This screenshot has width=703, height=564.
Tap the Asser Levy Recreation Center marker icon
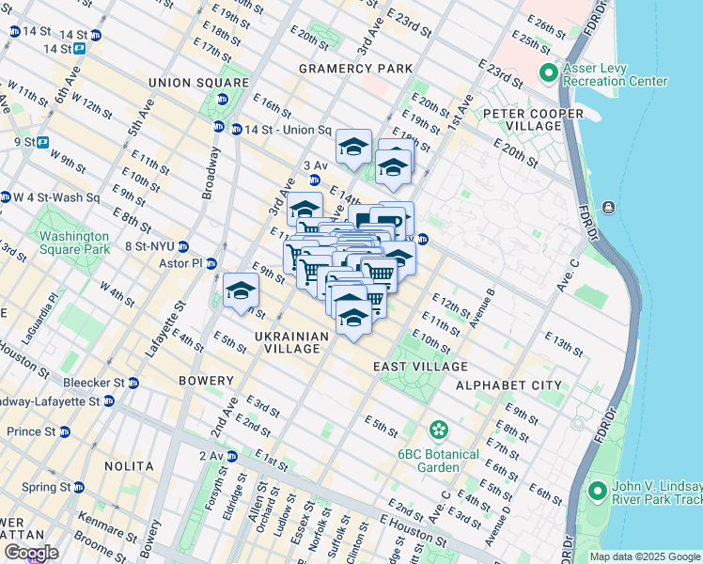coord(548,73)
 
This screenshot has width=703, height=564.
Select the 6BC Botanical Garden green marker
coord(438,431)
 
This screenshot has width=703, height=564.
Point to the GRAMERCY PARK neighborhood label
coord(355,69)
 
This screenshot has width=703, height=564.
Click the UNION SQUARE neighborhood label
coord(184,83)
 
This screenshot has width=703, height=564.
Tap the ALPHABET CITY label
coord(508,385)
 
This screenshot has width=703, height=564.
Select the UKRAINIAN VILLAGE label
coord(291,342)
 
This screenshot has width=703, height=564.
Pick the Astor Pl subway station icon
coord(211,263)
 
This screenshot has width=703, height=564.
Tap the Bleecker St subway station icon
coord(133,383)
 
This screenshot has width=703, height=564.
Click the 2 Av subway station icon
coord(232,456)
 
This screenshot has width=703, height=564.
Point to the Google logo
coord(31,553)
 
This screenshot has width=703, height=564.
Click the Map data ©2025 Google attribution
coord(645,556)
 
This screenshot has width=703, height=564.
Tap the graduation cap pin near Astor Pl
coord(241,290)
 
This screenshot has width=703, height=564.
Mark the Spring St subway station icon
coord(79,488)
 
